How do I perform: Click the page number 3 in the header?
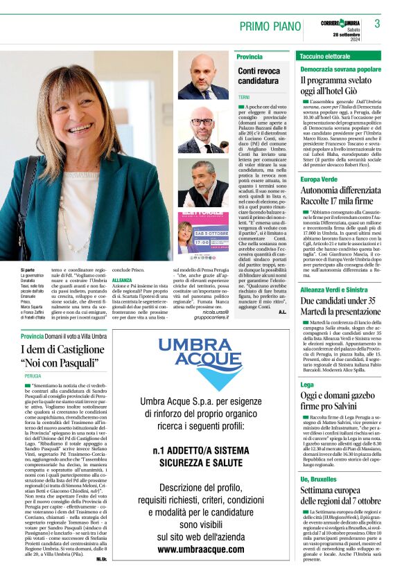coord(377,24)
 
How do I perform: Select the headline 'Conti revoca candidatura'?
coord(259,76)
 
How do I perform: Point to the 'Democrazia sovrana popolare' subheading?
coord(340,69)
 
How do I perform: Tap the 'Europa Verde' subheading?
coord(319,179)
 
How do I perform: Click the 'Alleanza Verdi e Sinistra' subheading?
coord(334,271)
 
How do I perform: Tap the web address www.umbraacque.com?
coord(201,549)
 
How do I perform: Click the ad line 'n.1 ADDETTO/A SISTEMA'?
coord(201,452)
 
